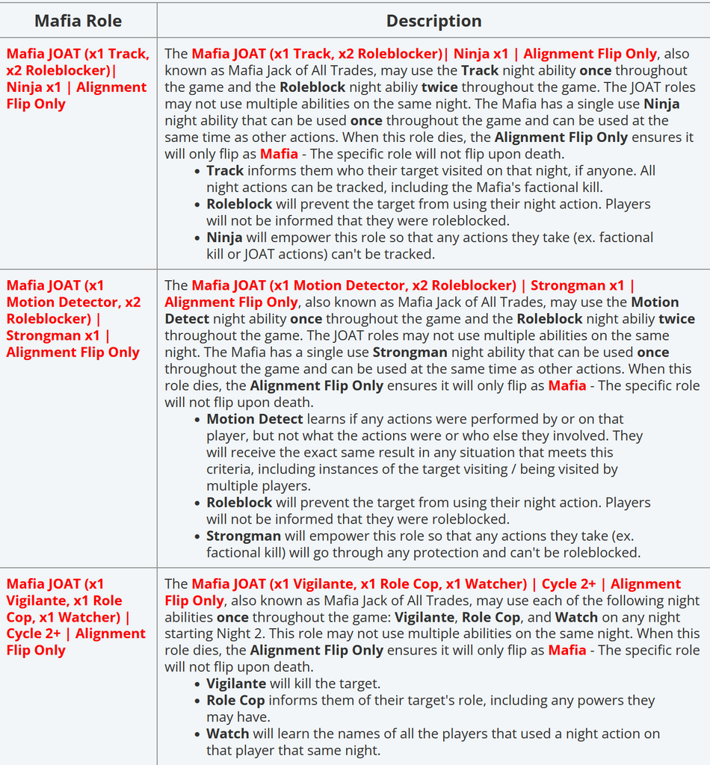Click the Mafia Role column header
(79, 20)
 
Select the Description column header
(433, 20)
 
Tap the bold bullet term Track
(225, 170)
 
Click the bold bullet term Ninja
(224, 237)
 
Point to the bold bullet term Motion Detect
(255, 419)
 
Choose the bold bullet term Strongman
(244, 536)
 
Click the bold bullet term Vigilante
(236, 684)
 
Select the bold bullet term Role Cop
(235, 700)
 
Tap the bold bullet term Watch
(227, 734)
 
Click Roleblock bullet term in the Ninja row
(239, 204)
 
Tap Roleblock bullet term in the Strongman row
(239, 503)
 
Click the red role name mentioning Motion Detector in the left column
(73, 318)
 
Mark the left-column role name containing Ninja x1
(77, 78)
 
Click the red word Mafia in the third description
(567, 650)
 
